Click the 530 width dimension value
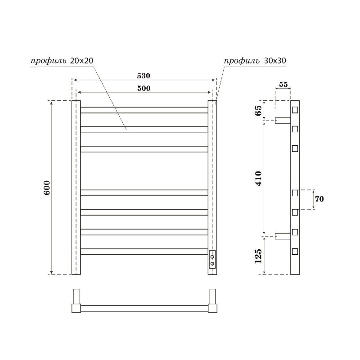tap(144, 76)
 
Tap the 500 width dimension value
tap(144, 88)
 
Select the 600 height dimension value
tap(47, 188)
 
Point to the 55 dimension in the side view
tap(283, 85)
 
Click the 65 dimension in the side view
tap(258, 111)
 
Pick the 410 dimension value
tap(258, 178)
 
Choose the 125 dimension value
tap(258, 256)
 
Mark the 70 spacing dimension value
tap(319, 199)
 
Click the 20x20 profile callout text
tap(62, 61)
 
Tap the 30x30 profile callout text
tap(255, 61)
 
